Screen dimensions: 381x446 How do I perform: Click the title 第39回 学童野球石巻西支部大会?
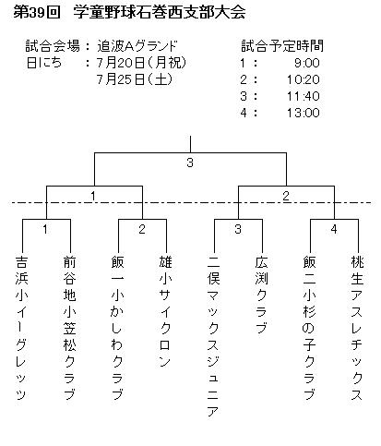(x=129, y=13)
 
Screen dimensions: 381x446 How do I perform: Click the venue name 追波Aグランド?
(x=137, y=46)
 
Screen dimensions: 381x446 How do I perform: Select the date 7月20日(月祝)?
(x=142, y=63)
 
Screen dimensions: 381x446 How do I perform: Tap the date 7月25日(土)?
(x=135, y=79)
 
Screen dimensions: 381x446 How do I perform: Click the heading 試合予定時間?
(x=282, y=46)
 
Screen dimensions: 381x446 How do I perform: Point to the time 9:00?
(x=307, y=63)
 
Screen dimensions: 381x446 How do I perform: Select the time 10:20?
(x=304, y=79)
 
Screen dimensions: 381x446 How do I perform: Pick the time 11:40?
(x=304, y=96)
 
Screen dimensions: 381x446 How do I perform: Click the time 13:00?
(x=304, y=113)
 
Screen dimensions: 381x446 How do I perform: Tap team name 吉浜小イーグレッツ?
(x=21, y=328)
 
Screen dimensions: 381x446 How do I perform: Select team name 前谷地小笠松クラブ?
(x=69, y=328)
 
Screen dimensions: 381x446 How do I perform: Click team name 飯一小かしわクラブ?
(x=117, y=328)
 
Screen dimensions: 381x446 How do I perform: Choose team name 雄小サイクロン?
(x=165, y=311)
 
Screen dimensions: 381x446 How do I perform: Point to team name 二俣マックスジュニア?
(x=213, y=336)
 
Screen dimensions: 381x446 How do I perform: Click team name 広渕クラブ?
(x=261, y=295)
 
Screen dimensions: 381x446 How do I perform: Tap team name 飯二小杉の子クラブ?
(x=309, y=328)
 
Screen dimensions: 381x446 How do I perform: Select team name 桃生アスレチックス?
(x=357, y=328)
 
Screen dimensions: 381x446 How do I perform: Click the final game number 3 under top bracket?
(x=190, y=163)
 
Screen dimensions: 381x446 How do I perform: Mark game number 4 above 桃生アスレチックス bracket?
(x=334, y=229)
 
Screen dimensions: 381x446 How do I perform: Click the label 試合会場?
(x=53, y=46)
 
